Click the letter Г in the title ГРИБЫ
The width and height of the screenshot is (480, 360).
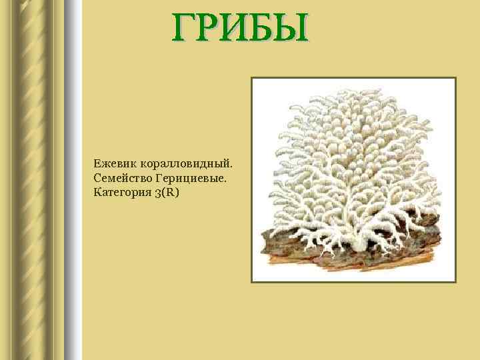pos(186,28)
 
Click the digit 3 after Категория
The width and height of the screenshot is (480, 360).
pos(157,193)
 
